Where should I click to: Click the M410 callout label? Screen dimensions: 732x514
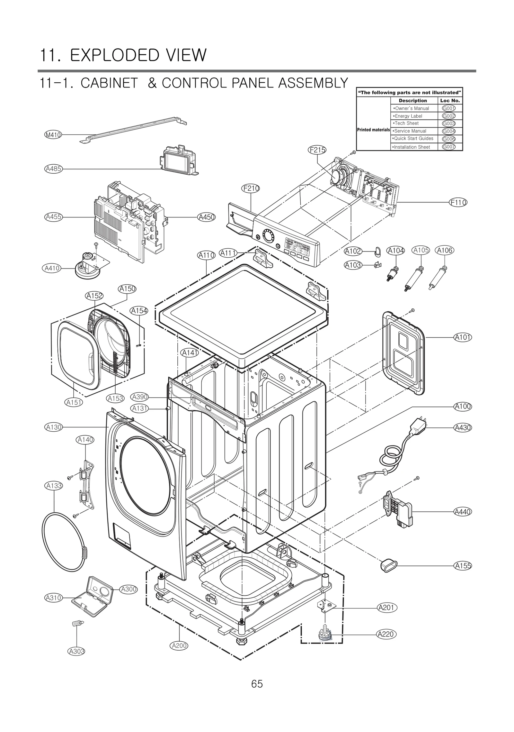pyautogui.click(x=53, y=135)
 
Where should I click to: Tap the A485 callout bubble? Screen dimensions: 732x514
pyautogui.click(x=53, y=169)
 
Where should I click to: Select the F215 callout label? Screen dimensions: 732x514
pyautogui.click(x=317, y=150)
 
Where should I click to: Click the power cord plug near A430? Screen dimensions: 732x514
pyautogui.click(x=418, y=425)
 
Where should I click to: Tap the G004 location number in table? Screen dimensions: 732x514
pyautogui.click(x=448, y=131)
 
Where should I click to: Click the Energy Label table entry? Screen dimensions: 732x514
pyautogui.click(x=408, y=116)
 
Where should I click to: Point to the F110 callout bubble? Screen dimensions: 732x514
pyautogui.click(x=458, y=202)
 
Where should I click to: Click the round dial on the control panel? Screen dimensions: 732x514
pyautogui.click(x=268, y=235)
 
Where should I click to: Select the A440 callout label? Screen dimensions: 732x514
pyautogui.click(x=463, y=512)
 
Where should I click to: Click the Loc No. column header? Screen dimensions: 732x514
pyautogui.click(x=450, y=100)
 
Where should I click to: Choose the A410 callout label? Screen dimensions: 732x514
pyautogui.click(x=52, y=268)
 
